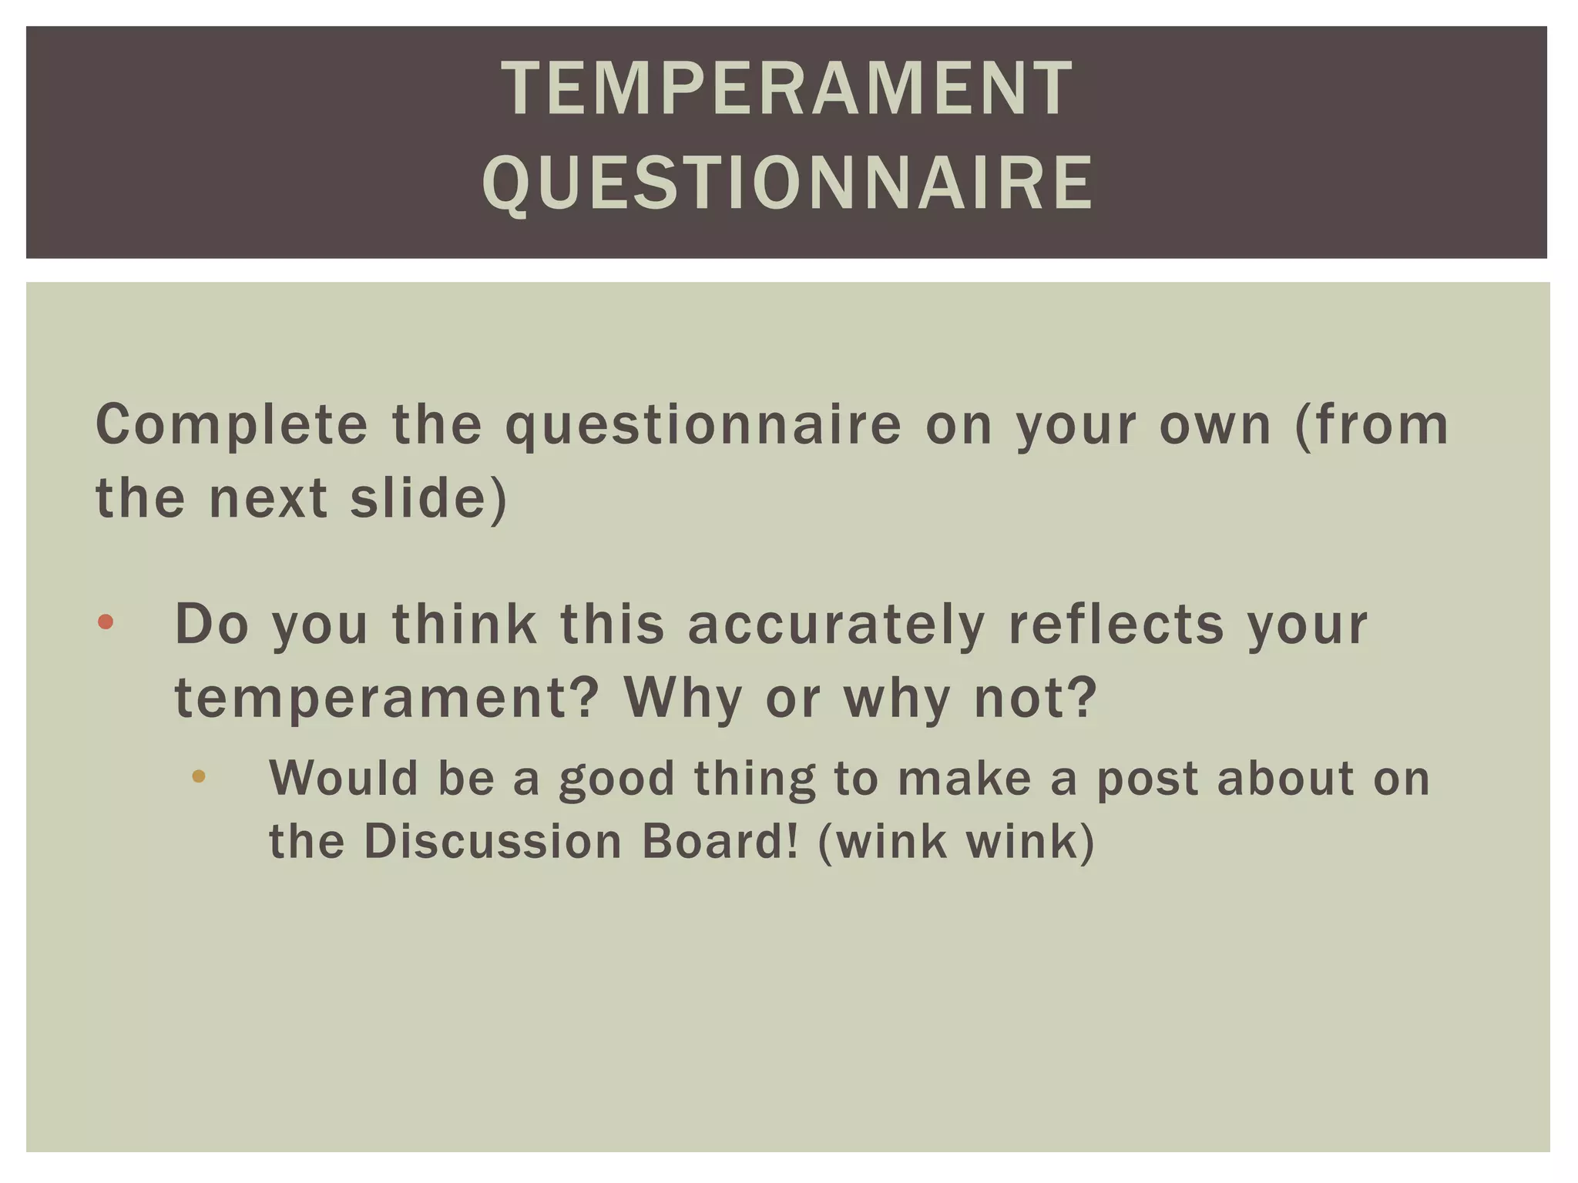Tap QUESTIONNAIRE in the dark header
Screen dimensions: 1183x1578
point(787,183)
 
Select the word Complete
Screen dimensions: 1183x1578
point(232,425)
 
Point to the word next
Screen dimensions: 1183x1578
point(268,498)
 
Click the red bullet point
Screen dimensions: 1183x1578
point(106,622)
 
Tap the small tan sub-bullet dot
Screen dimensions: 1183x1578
point(199,776)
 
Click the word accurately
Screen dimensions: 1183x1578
point(836,625)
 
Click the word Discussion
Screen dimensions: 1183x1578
point(492,841)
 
